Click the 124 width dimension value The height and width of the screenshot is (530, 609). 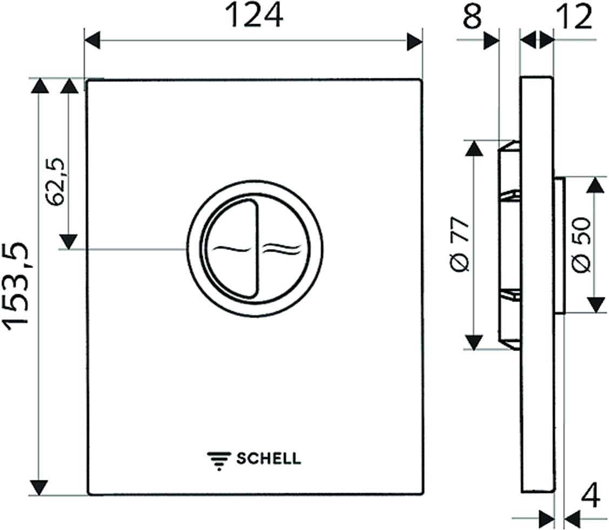(x=254, y=16)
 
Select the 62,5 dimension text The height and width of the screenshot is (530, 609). (x=55, y=182)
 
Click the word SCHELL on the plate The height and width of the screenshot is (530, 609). (x=269, y=459)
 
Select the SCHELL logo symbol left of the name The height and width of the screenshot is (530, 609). (x=219, y=461)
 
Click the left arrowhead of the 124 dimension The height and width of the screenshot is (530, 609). (x=92, y=41)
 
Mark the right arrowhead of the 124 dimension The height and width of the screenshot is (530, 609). (x=414, y=41)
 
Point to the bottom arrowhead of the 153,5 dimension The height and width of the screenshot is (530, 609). (x=39, y=488)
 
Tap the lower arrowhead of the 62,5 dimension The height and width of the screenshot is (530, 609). (x=69, y=241)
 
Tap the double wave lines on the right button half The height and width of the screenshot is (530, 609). (x=283, y=249)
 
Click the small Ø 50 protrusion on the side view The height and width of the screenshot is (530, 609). (x=559, y=245)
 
